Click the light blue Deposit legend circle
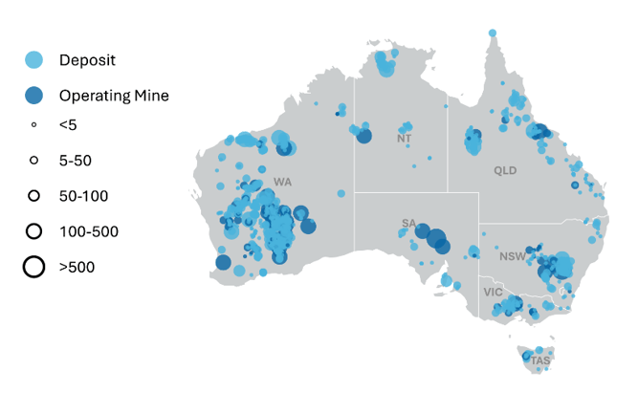coord(33,60)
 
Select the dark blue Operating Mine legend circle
coord(33,96)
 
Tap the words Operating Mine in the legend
coord(114,96)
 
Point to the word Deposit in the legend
coord(87,60)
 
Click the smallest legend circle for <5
coord(33,124)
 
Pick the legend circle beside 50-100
coord(33,196)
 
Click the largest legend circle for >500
coord(33,267)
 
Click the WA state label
coord(282,182)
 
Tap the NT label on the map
coord(404,140)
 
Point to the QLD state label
coord(504,170)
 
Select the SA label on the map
coord(408,225)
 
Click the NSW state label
coord(512,256)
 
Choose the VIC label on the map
coord(493,292)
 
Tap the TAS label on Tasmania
coord(540,361)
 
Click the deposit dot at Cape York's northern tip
coord(493,33)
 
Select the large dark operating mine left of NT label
coord(363,137)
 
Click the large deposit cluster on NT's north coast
coord(386,65)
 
